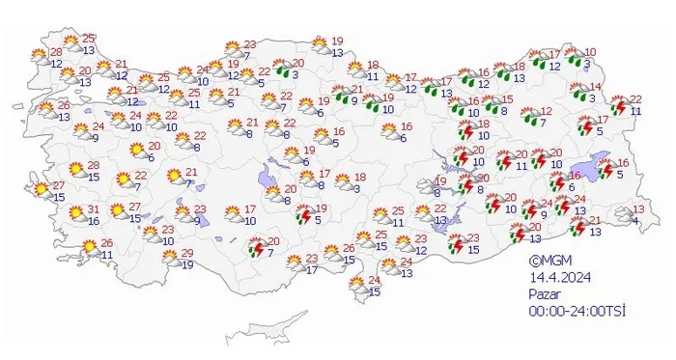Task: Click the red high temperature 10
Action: click(x=590, y=52)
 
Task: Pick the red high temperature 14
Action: click(x=596, y=87)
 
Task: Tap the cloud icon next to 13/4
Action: click(x=614, y=215)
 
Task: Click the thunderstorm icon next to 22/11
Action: click(x=615, y=105)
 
